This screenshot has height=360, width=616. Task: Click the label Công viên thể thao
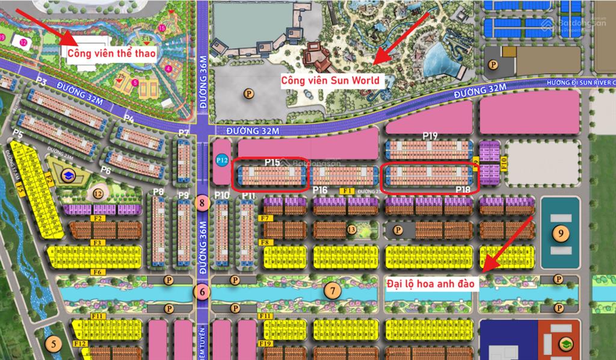(x=111, y=54)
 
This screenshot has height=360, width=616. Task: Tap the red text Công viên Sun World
(x=330, y=79)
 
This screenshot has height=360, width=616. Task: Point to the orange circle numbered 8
(x=202, y=203)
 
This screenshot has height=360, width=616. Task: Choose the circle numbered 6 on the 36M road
(x=202, y=293)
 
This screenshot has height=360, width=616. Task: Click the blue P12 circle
(x=221, y=160)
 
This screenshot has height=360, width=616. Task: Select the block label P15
(x=272, y=162)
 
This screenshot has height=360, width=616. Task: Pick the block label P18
(x=463, y=190)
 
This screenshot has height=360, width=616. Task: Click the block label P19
(x=430, y=136)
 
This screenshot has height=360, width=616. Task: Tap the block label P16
(x=320, y=190)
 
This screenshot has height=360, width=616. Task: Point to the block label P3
(x=42, y=81)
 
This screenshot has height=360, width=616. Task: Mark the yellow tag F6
(x=97, y=272)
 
